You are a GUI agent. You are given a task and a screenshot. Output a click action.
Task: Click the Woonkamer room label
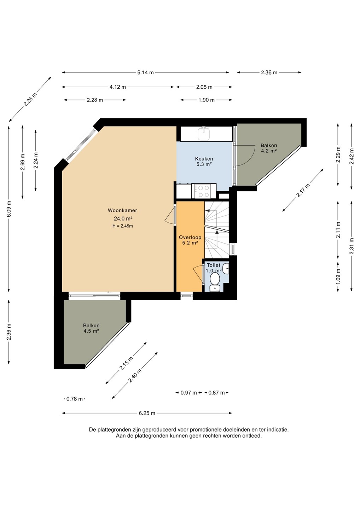click(x=122, y=210)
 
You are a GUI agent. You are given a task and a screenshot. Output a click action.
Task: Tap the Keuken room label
click(x=204, y=159)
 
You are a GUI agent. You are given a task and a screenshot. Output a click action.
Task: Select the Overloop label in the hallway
click(x=190, y=237)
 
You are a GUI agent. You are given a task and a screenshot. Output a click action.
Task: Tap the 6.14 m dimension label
click(x=145, y=72)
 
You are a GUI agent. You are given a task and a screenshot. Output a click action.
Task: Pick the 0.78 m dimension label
click(x=74, y=399)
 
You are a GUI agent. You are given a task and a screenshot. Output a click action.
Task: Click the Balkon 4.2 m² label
click(x=269, y=148)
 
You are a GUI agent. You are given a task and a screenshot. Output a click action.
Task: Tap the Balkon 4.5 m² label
click(x=91, y=328)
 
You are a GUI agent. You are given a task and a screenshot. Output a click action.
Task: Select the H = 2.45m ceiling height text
click(x=122, y=226)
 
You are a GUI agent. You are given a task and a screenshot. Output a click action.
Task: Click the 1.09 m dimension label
click(x=338, y=276)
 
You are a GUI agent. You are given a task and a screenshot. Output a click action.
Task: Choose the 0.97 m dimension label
click(x=188, y=393)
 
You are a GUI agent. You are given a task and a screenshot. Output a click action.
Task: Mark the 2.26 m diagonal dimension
click(x=30, y=99)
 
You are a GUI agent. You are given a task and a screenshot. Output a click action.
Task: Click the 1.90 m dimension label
click(x=207, y=100)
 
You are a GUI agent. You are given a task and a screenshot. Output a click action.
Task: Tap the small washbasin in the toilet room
click(x=226, y=269)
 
